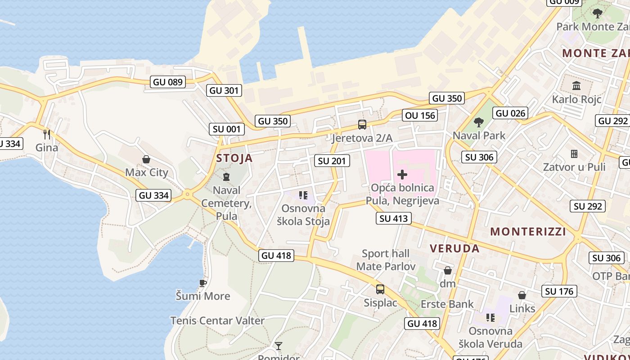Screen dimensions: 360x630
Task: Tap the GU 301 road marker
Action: coord(225,90)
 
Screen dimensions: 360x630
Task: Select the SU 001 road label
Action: coord(227,129)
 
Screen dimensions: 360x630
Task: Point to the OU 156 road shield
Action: coord(420,115)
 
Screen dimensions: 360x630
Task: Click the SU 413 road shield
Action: coord(394,219)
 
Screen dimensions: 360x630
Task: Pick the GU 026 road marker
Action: coord(510,113)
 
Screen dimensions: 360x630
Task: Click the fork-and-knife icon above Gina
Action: coord(47,134)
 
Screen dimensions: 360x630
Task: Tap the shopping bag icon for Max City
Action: coord(146,159)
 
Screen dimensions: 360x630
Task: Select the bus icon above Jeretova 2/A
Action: coord(362,125)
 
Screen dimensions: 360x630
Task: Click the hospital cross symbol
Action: coord(402,175)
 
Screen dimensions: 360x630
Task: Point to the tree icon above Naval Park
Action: coord(479,122)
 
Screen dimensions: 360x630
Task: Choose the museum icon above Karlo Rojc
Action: coord(576,85)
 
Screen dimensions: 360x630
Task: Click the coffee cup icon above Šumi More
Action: coord(203,283)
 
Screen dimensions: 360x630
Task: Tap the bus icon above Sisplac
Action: coord(380,289)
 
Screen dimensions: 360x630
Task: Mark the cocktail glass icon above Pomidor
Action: coord(279,346)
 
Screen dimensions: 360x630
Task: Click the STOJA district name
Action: coord(234,158)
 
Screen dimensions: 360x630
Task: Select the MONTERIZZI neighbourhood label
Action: coord(528,232)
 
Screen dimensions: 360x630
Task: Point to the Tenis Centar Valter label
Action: coord(217,321)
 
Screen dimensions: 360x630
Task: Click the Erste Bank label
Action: coord(447,304)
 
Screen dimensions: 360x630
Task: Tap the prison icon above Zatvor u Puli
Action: coord(574,154)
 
